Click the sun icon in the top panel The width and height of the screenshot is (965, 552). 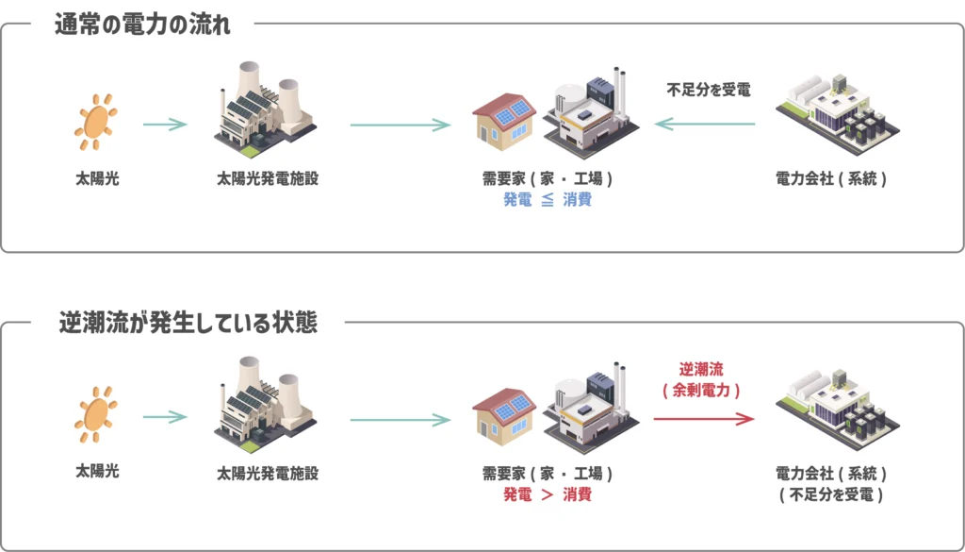tap(96, 123)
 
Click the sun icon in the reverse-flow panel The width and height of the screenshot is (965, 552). tap(96, 415)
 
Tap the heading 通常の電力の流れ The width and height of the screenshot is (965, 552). tap(143, 25)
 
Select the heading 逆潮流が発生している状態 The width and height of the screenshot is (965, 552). tap(188, 323)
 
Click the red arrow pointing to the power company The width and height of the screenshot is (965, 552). tap(704, 418)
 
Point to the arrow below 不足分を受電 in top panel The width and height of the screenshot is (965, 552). tap(705, 124)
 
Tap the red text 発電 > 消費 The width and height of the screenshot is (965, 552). tap(548, 494)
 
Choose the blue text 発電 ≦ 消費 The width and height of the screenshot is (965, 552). tap(548, 200)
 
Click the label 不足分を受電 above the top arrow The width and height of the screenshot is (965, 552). tap(708, 91)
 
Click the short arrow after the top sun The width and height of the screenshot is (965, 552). tap(165, 124)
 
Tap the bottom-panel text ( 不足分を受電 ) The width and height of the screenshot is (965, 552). tap(830, 494)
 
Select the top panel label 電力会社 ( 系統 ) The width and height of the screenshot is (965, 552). tap(830, 178)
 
